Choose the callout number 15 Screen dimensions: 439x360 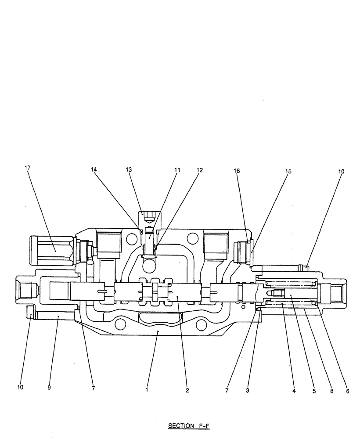pos(288,171)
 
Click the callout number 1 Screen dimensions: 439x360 pos(147,389)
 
